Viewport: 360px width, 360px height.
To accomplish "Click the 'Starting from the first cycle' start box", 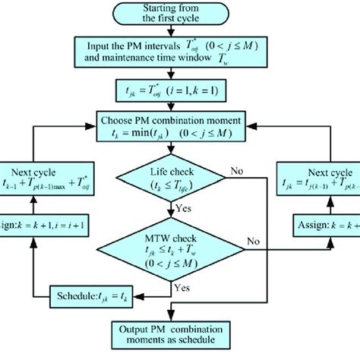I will (181, 14).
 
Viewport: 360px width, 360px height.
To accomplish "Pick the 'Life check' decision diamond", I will (181, 179).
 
